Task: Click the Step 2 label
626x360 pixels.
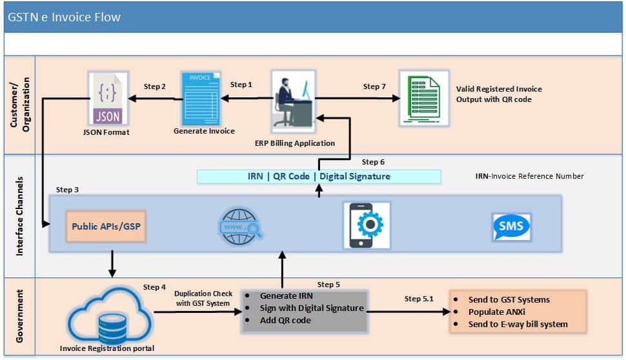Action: click(155, 86)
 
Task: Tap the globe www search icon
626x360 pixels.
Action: click(240, 226)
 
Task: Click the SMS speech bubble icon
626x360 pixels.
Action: click(511, 226)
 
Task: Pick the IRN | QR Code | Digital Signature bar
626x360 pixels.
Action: click(319, 176)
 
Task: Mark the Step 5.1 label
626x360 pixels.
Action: click(419, 299)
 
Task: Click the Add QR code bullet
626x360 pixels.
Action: click(285, 320)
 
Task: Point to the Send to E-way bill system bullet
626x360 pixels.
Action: click(518, 324)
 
